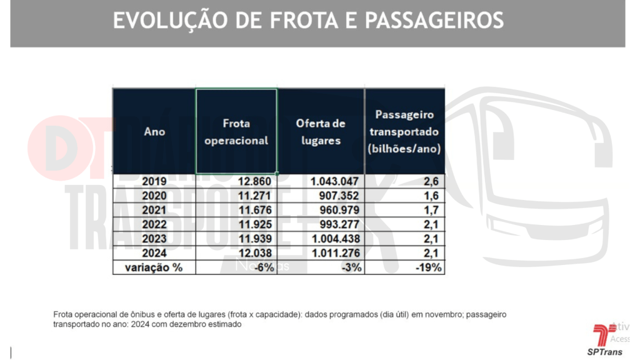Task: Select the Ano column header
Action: click(x=154, y=132)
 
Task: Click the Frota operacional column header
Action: click(x=236, y=132)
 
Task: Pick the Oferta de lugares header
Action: click(x=321, y=132)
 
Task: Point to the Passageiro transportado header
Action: click(x=404, y=132)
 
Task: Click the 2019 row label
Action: click(x=154, y=181)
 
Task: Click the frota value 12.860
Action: click(x=256, y=181)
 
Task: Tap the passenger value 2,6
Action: click(x=433, y=181)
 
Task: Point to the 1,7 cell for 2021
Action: click(x=433, y=210)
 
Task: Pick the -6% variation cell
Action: click(x=263, y=267)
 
